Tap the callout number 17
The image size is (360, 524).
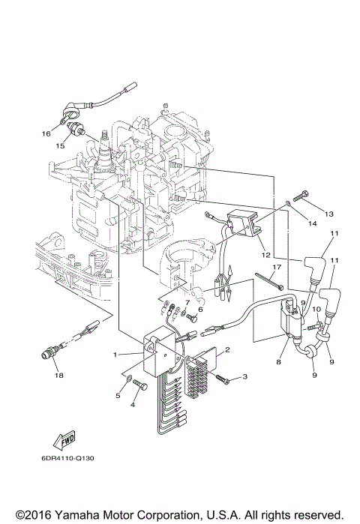point(277,267)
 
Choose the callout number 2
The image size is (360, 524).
point(227,349)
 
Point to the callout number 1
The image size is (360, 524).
point(115,354)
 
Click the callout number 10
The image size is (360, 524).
point(316,308)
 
